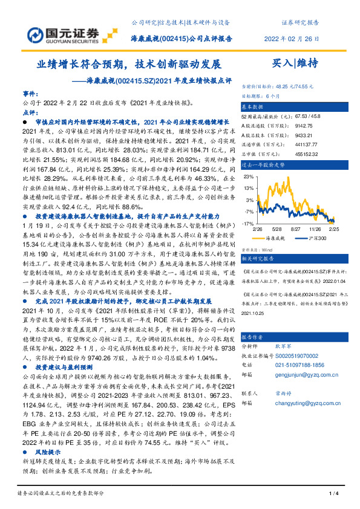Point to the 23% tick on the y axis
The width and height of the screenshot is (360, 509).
coord(248,177)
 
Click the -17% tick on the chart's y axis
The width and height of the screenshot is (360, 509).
coord(248,223)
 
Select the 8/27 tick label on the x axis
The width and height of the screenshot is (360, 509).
coord(296,230)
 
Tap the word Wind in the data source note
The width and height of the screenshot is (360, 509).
coord(266,248)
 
